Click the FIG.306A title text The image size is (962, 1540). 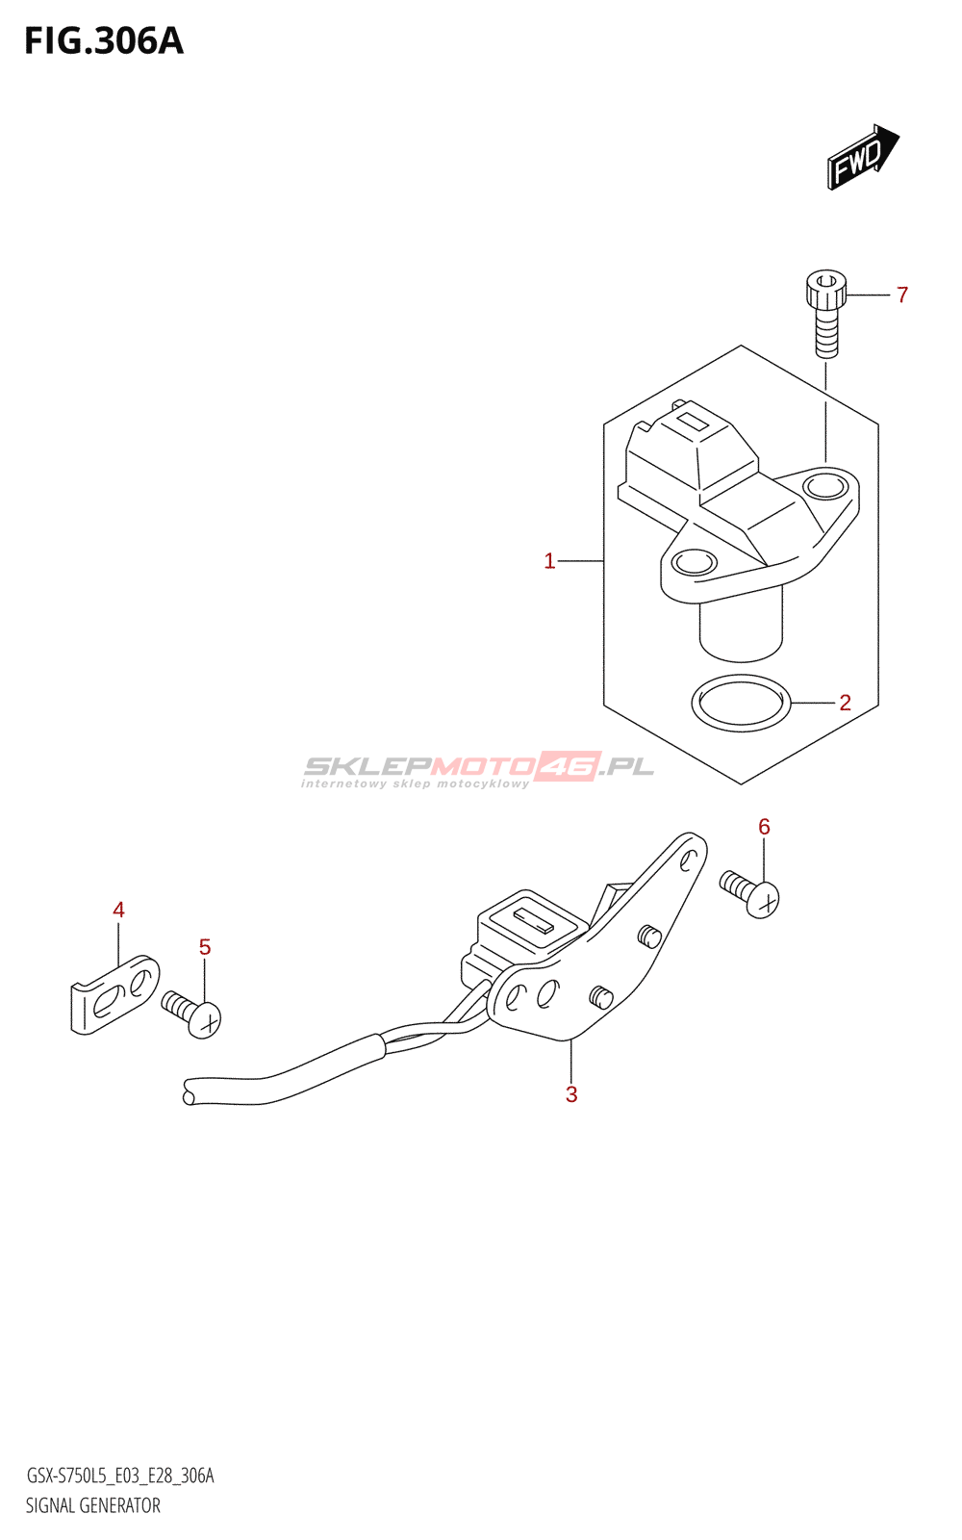click(103, 41)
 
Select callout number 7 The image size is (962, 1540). click(902, 295)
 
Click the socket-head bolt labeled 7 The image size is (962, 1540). click(825, 313)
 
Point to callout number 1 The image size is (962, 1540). click(549, 560)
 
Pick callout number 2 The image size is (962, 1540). click(845, 703)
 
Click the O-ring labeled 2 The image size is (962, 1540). click(741, 704)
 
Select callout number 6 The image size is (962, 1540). click(764, 826)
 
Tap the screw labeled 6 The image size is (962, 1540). click(751, 892)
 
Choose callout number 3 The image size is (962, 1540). click(571, 1094)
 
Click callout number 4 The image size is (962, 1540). click(118, 910)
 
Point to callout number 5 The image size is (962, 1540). click(205, 947)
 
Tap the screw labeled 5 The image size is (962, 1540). click(194, 1014)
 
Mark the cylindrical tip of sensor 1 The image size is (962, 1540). click(741, 635)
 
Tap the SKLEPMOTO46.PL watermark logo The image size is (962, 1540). click(478, 769)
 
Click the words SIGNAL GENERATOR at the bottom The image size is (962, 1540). click(93, 1505)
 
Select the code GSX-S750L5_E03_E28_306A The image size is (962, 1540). click(120, 1476)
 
